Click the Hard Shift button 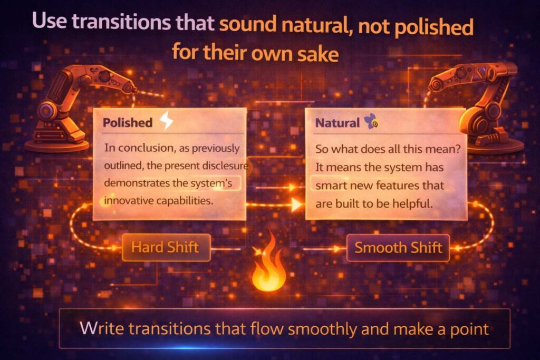(x=166, y=247)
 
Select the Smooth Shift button (x=398, y=247)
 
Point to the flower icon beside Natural (x=369, y=123)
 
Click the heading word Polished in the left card (x=128, y=123)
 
